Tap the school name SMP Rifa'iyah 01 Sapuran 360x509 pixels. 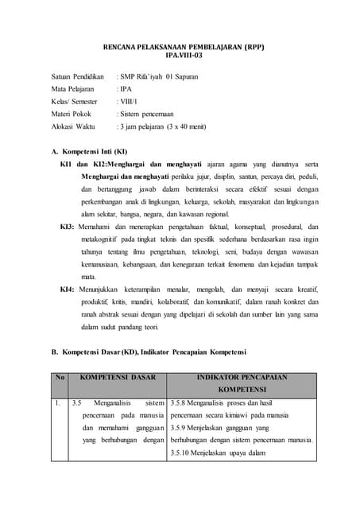coord(159,76)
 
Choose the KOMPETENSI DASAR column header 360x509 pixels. coord(118,377)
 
